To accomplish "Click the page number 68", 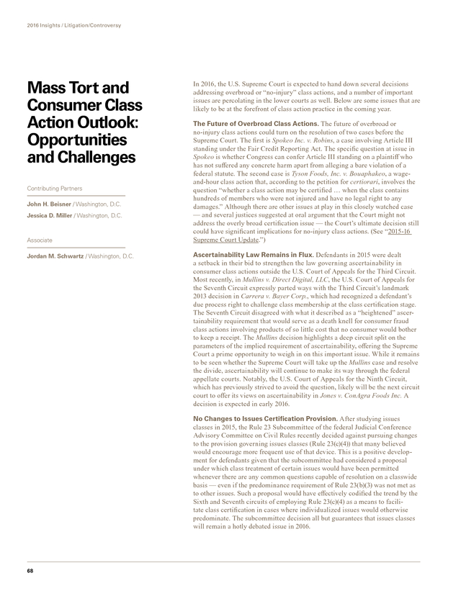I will pyautogui.click(x=30, y=572).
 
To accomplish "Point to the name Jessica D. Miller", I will pyautogui.click(x=53, y=215).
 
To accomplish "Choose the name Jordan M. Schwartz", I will pyautogui.click(x=55, y=256).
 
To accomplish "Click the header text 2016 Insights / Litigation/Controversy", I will pyautogui.click(x=73, y=25).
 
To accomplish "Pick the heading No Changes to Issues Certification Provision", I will pyautogui.click(x=266, y=418).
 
